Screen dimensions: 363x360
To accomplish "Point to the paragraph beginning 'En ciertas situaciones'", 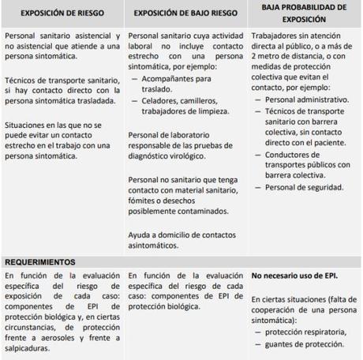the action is click(x=302, y=310).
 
